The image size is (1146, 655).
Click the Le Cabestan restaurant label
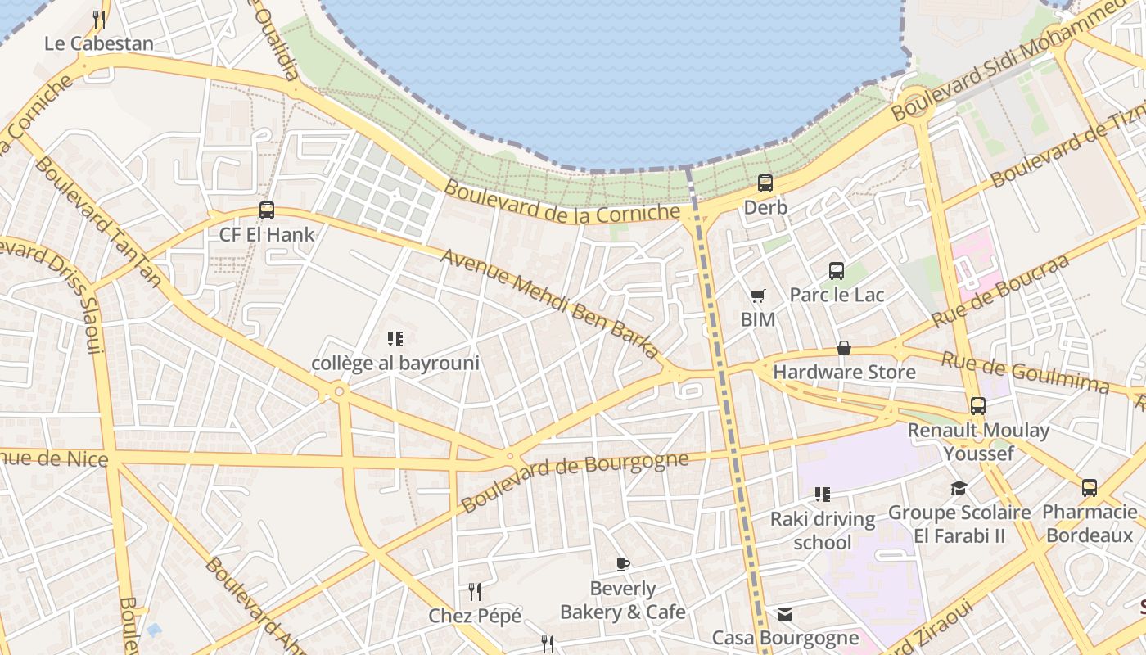pyautogui.click(x=99, y=43)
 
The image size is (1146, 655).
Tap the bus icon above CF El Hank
pyautogui.click(x=267, y=210)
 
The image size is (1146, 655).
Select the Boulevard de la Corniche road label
pyautogui.click(x=562, y=201)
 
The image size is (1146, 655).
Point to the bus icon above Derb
pyautogui.click(x=765, y=183)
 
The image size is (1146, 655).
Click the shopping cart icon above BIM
pyautogui.click(x=758, y=296)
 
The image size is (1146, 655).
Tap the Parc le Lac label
pyautogui.click(x=837, y=295)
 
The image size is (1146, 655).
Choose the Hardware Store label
pyautogui.click(x=844, y=373)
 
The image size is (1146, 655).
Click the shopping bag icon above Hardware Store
pyautogui.click(x=844, y=349)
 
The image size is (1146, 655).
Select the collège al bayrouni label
pyautogui.click(x=395, y=363)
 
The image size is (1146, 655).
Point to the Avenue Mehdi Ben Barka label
pyautogui.click(x=550, y=304)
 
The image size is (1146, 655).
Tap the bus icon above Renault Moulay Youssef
pyautogui.click(x=977, y=406)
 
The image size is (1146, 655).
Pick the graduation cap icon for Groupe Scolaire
pyautogui.click(x=959, y=489)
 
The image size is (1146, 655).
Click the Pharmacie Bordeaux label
pyautogui.click(x=1090, y=524)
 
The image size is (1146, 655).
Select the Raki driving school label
pyautogui.click(x=823, y=531)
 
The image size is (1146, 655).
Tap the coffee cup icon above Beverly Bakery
pyautogui.click(x=623, y=564)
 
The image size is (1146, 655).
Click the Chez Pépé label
pyautogui.click(x=475, y=616)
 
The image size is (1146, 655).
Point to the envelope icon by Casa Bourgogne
pyautogui.click(x=785, y=614)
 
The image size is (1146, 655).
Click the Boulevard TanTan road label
pyautogui.click(x=98, y=221)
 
